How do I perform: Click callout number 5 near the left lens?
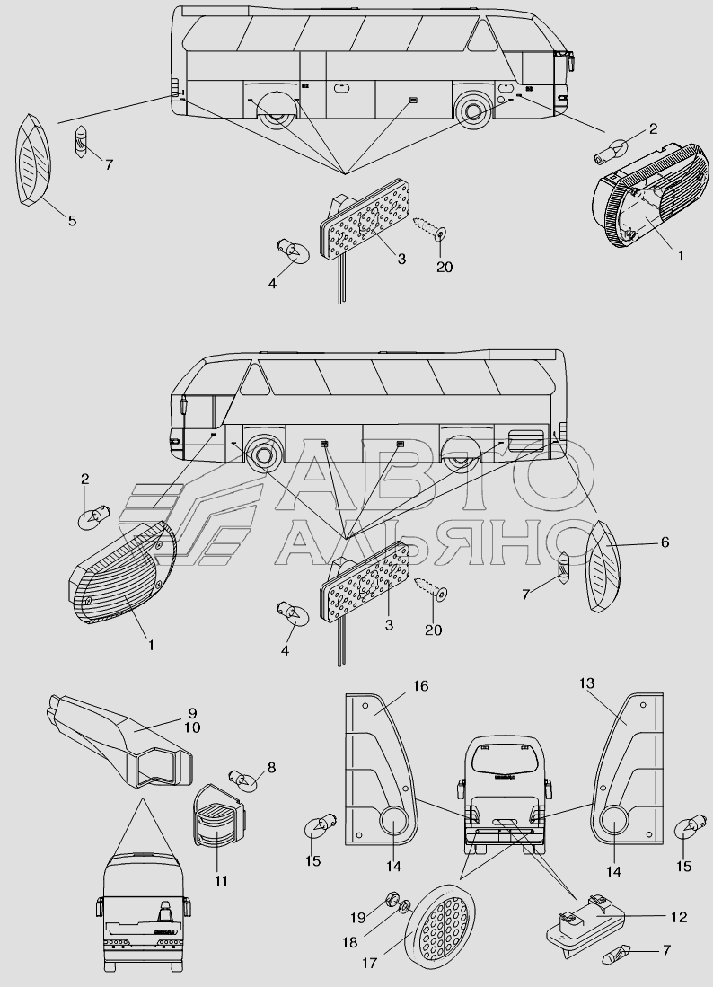click(x=73, y=220)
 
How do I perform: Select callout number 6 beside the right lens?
click(x=665, y=542)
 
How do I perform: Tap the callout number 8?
click(x=271, y=767)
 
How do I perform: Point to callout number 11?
click(x=221, y=881)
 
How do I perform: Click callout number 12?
click(x=678, y=917)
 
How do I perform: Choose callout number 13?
click(x=586, y=684)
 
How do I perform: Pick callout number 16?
click(x=420, y=686)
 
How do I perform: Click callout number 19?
click(x=358, y=917)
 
